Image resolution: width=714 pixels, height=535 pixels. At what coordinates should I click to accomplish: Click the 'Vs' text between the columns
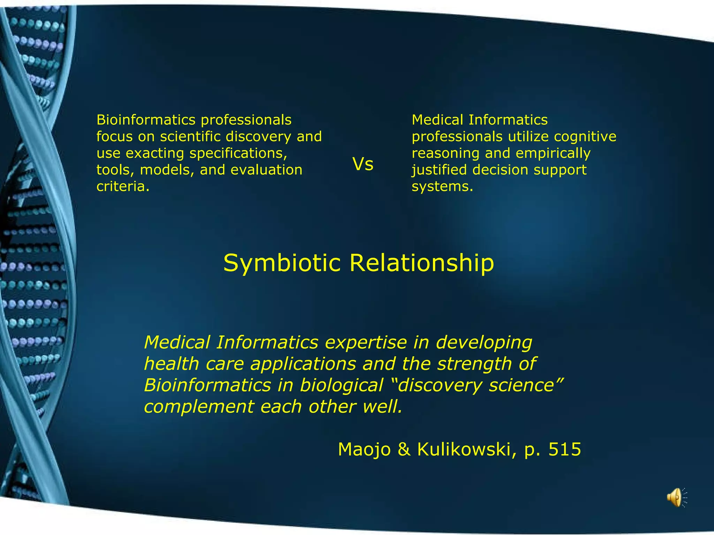363,164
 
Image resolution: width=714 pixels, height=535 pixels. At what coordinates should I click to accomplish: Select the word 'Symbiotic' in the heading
282,263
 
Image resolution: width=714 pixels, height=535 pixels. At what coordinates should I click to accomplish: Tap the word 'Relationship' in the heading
421,263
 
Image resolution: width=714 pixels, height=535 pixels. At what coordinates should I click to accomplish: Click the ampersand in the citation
404,449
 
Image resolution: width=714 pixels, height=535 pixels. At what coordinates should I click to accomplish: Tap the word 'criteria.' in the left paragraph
123,186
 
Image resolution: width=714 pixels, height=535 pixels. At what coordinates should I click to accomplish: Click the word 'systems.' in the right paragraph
442,186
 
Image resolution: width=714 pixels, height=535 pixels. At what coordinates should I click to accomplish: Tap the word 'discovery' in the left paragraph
258,137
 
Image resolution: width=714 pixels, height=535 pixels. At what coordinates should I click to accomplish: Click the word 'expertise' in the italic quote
366,343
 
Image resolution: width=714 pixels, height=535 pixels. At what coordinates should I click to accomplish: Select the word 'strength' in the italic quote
474,364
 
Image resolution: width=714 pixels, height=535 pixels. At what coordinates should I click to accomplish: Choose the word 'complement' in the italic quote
199,407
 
